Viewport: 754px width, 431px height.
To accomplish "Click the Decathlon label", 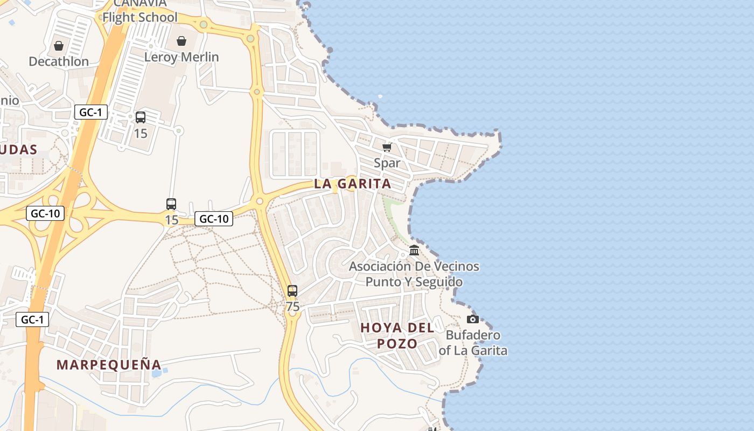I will [x=59, y=61].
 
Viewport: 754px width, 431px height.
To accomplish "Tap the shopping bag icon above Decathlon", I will [x=59, y=46].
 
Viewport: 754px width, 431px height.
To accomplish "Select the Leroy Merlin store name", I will [x=181, y=57].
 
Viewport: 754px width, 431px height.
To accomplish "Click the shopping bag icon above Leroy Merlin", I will [x=181, y=41].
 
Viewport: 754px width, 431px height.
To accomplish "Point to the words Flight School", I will [x=139, y=17].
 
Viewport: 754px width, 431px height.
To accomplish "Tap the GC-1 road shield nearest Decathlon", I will [x=91, y=113].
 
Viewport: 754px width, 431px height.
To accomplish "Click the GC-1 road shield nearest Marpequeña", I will [x=32, y=319].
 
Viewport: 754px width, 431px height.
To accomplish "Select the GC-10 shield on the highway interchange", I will [x=45, y=213].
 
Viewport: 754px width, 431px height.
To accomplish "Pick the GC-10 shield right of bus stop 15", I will [x=214, y=219].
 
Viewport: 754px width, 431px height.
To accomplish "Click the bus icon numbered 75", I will [x=292, y=291].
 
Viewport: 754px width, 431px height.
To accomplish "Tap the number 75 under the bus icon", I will [x=292, y=307].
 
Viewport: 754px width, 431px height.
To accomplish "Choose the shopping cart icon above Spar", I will [x=387, y=147].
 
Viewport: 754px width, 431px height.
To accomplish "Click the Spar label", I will [x=387, y=163].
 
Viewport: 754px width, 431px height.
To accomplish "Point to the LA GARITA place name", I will [x=353, y=184].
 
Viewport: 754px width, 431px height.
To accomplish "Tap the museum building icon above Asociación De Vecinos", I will [x=414, y=251].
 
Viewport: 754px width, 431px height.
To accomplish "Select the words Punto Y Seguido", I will [x=414, y=282].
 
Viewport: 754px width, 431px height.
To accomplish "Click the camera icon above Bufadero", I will [x=473, y=319].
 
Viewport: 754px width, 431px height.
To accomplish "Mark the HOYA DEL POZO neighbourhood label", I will [x=397, y=336].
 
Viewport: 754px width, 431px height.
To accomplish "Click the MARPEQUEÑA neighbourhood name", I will [x=109, y=365].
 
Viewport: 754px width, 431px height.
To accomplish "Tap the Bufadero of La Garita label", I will [x=473, y=343].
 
